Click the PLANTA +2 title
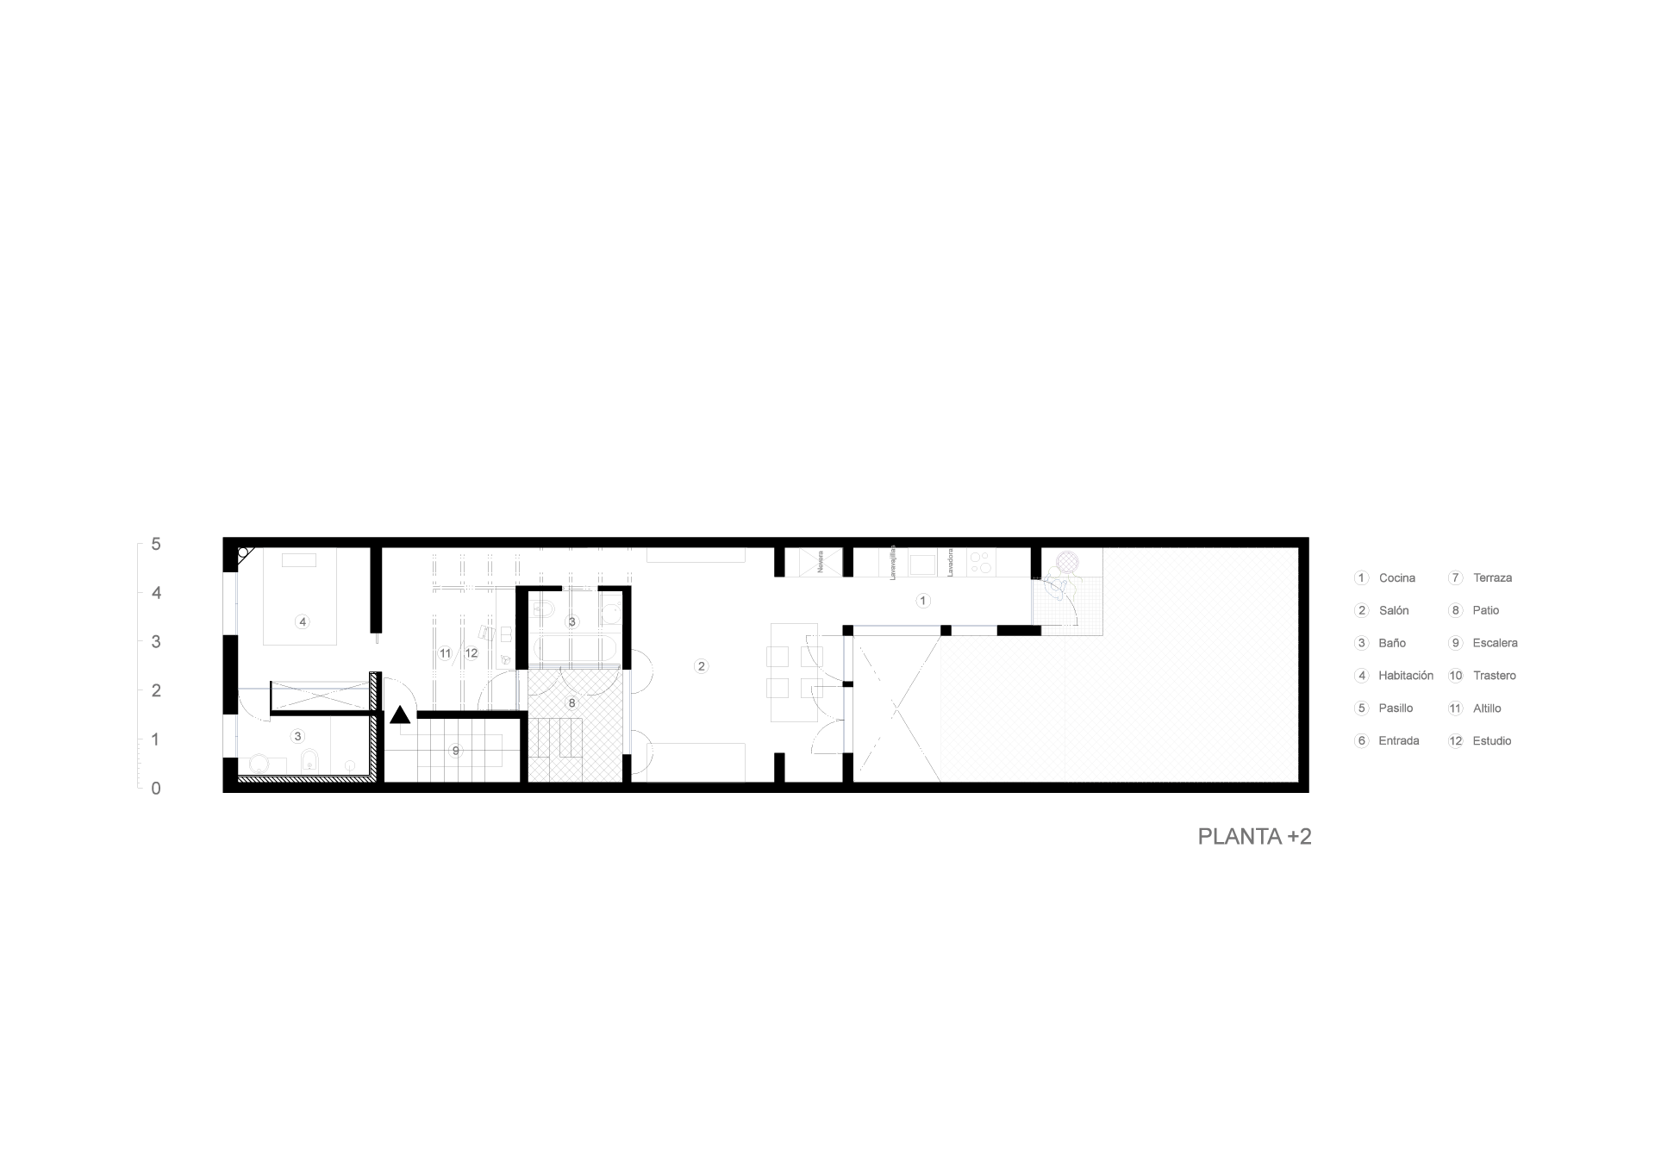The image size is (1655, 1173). (x=1254, y=837)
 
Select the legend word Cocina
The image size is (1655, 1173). (x=1396, y=578)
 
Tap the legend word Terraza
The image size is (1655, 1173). (x=1492, y=578)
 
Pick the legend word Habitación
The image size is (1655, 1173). (x=1405, y=676)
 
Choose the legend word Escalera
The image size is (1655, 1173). (x=1495, y=643)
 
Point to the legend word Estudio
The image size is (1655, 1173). (x=1491, y=741)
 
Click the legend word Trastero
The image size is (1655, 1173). (x=1494, y=676)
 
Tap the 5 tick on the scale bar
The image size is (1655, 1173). (x=156, y=544)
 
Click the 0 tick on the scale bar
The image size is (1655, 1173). (x=156, y=788)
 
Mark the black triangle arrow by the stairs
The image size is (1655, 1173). (x=400, y=714)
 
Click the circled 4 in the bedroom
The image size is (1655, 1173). (x=302, y=621)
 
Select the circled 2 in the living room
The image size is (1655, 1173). (x=701, y=666)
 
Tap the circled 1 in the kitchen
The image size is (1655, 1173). (x=923, y=601)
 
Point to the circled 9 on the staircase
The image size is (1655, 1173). (x=456, y=751)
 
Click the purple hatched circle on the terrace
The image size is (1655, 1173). (x=1067, y=562)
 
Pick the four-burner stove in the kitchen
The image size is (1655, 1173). (x=980, y=563)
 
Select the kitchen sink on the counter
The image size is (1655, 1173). (x=921, y=565)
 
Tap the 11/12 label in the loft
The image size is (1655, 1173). (x=458, y=654)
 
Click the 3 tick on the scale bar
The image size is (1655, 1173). (x=156, y=641)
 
